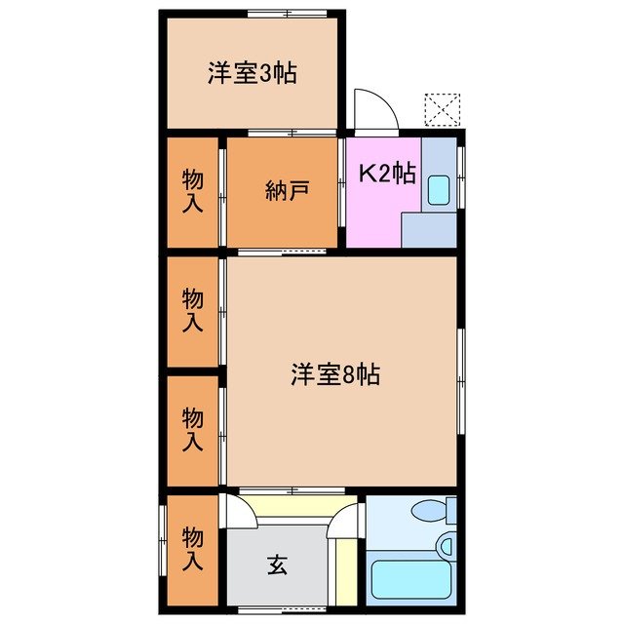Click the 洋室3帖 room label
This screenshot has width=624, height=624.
click(x=252, y=73)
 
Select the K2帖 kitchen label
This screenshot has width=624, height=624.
click(x=388, y=174)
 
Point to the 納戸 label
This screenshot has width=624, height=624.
click(x=287, y=190)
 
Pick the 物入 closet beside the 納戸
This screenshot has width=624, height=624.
click(x=193, y=190)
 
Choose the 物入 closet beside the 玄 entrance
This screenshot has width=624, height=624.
click(x=193, y=550)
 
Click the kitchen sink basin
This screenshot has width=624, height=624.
click(x=438, y=189)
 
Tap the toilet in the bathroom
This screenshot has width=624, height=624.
click(x=432, y=511)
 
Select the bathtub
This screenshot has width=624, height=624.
click(x=409, y=583)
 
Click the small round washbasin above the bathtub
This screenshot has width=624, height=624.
click(x=446, y=546)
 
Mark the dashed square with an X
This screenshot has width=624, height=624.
click(x=442, y=109)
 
